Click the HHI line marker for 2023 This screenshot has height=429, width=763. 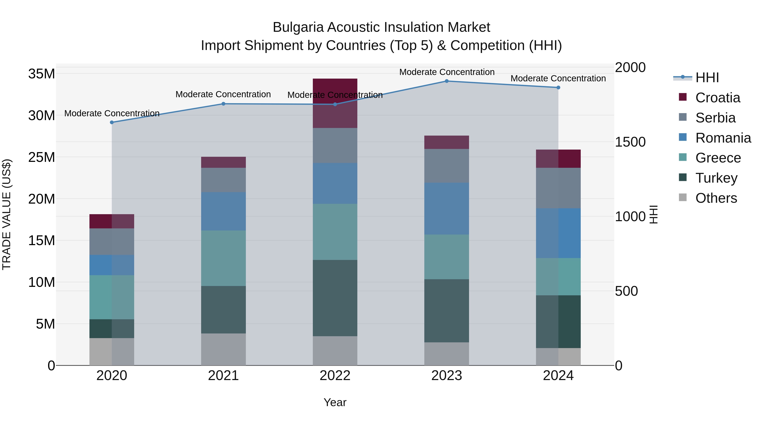[447, 81]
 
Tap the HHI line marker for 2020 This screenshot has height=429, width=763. [112, 122]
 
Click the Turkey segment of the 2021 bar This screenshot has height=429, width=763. [223, 310]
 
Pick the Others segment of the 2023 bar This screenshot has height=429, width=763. [447, 354]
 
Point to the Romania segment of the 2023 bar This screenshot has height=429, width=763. [447, 209]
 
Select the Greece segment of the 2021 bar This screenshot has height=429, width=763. [223, 258]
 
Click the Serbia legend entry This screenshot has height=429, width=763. [715, 118]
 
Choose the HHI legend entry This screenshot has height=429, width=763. [707, 78]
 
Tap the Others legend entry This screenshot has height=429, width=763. [716, 198]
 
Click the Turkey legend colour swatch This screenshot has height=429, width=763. [683, 177]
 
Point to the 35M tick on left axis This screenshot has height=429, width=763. [42, 74]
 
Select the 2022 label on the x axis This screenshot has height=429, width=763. [335, 376]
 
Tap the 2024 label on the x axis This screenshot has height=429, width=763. [558, 376]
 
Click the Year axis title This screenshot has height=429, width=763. [335, 402]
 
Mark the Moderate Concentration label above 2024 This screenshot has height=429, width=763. [558, 78]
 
